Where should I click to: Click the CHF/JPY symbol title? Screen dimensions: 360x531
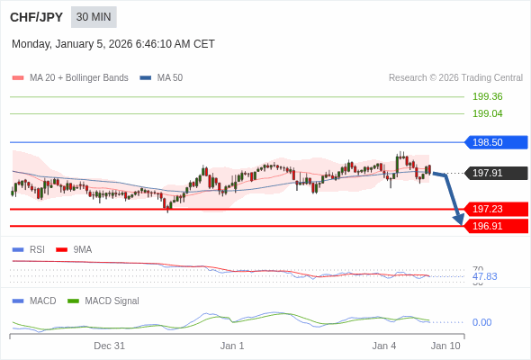[35, 17]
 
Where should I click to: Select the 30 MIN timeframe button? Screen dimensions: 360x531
[94, 17]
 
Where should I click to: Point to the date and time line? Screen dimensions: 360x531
[113, 44]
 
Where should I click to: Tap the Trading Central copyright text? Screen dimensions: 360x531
[455, 77]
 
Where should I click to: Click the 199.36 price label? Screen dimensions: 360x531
[487, 96]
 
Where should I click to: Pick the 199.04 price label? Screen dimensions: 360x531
[487, 113]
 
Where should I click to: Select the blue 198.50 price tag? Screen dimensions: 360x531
[494, 142]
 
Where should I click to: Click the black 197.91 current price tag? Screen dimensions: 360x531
[494, 173]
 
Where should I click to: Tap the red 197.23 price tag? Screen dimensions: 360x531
[494, 209]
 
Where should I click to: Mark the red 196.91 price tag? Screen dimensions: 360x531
[494, 226]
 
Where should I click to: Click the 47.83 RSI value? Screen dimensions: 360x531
[484, 276]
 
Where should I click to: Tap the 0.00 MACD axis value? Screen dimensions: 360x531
[481, 322]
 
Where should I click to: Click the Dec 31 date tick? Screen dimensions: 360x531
[109, 346]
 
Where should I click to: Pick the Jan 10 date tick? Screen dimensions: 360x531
[445, 346]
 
